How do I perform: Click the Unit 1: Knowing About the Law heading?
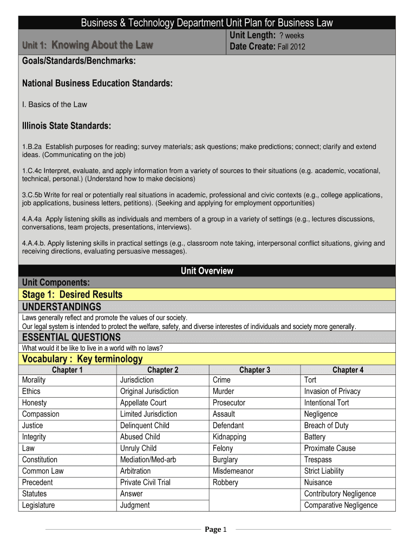[x=87, y=44]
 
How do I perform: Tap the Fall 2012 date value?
[x=291, y=47]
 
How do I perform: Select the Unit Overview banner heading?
[x=207, y=271]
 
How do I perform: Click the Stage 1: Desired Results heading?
[x=72, y=295]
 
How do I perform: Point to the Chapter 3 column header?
[x=255, y=370]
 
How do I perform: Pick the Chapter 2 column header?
[x=162, y=370]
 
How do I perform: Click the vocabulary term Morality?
[x=34, y=380]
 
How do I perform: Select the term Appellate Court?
[x=143, y=403]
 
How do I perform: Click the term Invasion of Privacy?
[x=332, y=391]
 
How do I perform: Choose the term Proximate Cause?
[x=330, y=448]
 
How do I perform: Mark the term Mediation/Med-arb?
[x=148, y=459]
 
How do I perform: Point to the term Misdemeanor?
[x=233, y=471]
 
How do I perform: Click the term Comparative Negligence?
[x=341, y=505]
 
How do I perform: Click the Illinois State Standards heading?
[x=67, y=126]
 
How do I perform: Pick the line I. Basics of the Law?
[x=54, y=104]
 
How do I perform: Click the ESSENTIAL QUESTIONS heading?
[x=71, y=338]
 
